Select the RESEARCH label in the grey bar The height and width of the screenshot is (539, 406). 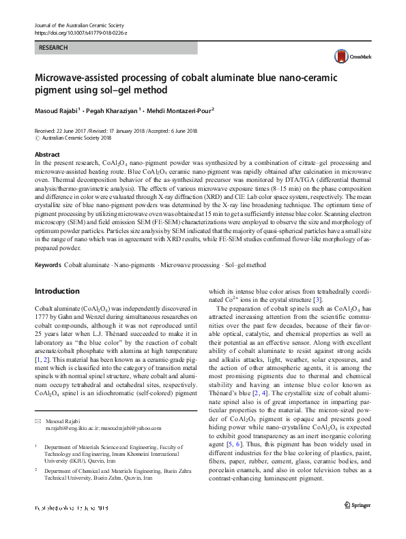(x=53, y=48)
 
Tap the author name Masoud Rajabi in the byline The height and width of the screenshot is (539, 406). (x=59, y=110)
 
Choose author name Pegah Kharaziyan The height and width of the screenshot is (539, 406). (x=111, y=110)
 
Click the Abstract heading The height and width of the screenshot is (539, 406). (x=47, y=155)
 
